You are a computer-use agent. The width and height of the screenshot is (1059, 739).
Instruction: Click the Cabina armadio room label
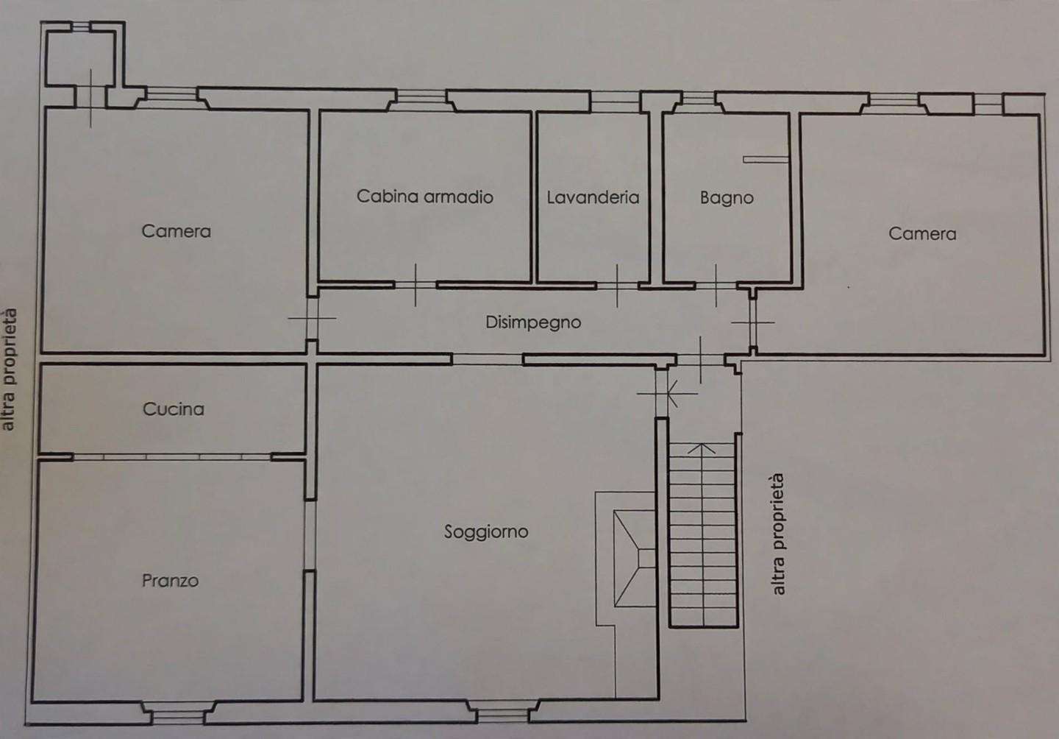click(x=424, y=197)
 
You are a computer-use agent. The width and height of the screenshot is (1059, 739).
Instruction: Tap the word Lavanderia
click(x=593, y=197)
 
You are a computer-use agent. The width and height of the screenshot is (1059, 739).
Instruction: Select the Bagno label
click(x=727, y=198)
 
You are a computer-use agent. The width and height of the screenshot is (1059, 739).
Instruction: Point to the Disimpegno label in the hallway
click(x=533, y=322)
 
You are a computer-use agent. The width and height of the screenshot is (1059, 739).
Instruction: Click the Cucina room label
click(x=174, y=409)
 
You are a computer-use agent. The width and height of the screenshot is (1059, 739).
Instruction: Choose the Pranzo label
click(x=170, y=581)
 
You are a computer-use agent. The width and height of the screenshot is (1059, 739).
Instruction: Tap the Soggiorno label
click(x=486, y=531)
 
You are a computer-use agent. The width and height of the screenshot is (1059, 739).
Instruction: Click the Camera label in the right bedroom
click(x=922, y=234)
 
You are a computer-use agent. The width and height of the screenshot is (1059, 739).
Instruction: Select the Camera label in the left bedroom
click(x=176, y=231)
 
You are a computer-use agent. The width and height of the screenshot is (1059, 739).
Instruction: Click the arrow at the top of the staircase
click(x=701, y=448)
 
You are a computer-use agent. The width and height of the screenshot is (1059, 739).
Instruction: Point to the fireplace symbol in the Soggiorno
click(x=635, y=558)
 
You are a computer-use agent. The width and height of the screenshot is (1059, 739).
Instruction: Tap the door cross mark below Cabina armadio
click(x=416, y=286)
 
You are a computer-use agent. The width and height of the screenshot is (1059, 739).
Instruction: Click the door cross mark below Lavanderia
click(x=617, y=286)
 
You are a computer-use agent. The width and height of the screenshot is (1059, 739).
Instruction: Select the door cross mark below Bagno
click(x=716, y=286)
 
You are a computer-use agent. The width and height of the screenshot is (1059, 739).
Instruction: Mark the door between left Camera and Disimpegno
click(x=312, y=319)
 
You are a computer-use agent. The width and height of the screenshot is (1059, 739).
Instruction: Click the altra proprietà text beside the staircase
click(x=778, y=534)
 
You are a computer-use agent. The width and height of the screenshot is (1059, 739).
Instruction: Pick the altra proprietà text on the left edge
click(x=9, y=369)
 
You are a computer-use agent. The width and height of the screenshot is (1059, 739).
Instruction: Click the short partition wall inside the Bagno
click(x=766, y=160)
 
